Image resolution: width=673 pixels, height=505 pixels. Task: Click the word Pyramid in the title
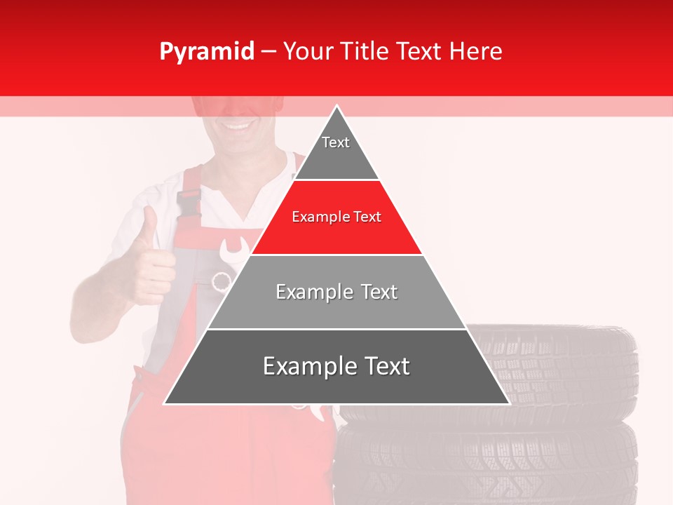point(206,51)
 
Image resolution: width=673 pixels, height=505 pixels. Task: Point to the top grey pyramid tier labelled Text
point(336,151)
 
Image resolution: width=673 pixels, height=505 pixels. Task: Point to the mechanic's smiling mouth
point(238,126)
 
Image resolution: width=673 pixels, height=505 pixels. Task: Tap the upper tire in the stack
point(561,372)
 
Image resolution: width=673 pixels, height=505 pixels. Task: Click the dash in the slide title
point(268,51)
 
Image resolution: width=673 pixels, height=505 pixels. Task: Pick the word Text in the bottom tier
point(382,366)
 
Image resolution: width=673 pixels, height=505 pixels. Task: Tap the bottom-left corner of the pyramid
point(165,403)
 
